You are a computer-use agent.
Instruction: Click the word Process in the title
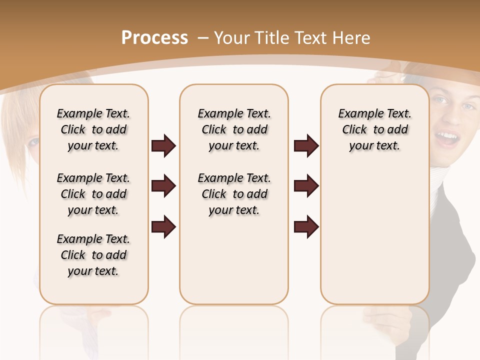click(154, 38)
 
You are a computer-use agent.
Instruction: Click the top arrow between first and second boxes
click(163, 146)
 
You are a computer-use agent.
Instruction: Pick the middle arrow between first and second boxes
click(163, 186)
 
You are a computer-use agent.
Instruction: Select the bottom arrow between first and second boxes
click(163, 226)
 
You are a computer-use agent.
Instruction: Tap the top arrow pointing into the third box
click(306, 146)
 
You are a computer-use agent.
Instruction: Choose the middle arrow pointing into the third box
click(306, 186)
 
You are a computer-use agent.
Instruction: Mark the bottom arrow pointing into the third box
click(306, 226)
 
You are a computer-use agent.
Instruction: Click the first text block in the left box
click(93, 129)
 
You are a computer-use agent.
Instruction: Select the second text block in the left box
click(93, 194)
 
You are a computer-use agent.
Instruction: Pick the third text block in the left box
click(93, 255)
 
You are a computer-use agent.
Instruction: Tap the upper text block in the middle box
click(234, 129)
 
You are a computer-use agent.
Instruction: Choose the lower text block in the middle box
click(234, 194)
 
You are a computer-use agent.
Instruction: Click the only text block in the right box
click(374, 129)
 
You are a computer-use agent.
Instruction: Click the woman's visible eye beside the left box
click(33, 142)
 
